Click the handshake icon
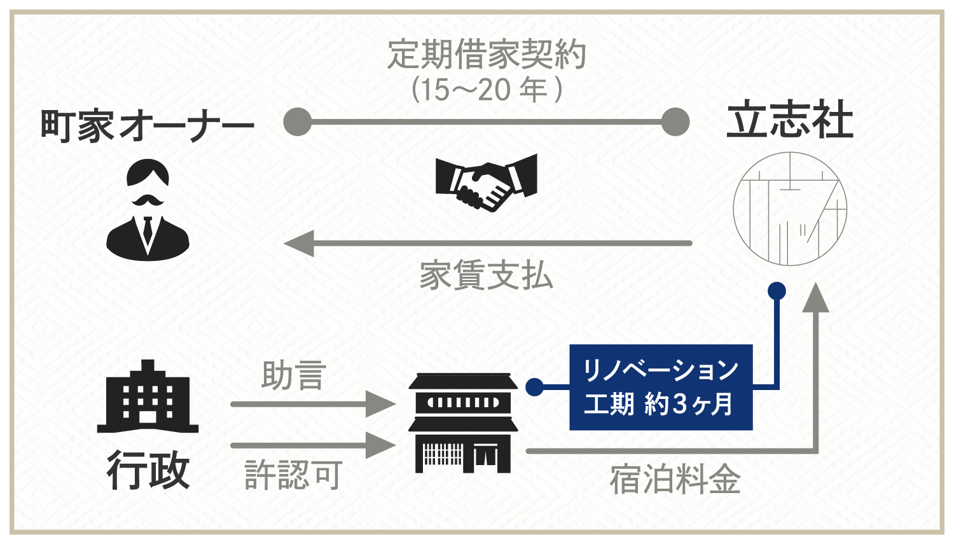(487, 183)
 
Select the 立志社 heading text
(790, 121)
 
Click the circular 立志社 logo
(790, 209)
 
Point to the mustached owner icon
(148, 209)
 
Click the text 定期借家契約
(487, 55)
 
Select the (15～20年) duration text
(487, 90)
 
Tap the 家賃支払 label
(487, 275)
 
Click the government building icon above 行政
(148, 396)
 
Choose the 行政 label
(148, 470)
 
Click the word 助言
(294, 375)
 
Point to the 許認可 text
(294, 475)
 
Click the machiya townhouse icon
(463, 422)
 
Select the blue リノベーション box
(661, 387)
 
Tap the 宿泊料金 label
(675, 479)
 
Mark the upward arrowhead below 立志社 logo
(815, 299)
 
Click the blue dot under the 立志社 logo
(777, 291)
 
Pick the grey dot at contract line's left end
(297, 122)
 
